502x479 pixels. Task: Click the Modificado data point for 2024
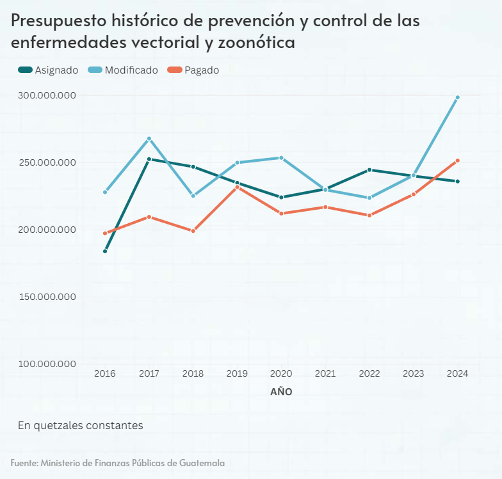click(x=457, y=98)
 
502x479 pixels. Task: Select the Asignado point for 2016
click(x=105, y=251)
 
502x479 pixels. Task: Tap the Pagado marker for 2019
click(x=237, y=187)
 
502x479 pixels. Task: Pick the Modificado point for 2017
click(x=149, y=139)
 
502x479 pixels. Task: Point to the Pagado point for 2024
click(x=457, y=161)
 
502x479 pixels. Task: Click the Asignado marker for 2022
click(x=369, y=170)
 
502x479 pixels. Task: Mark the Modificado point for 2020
click(x=281, y=158)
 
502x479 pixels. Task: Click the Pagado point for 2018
click(x=193, y=231)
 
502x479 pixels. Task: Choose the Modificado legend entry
click(x=123, y=70)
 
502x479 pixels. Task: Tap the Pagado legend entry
click(x=193, y=70)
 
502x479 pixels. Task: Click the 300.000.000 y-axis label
click(x=47, y=95)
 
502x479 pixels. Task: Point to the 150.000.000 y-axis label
click(x=47, y=297)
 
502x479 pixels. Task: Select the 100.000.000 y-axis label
click(x=47, y=364)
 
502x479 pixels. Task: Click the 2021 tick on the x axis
click(x=325, y=373)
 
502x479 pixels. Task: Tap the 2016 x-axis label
click(x=105, y=373)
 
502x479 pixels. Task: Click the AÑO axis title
click(x=281, y=392)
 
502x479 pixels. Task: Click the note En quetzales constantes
click(x=80, y=425)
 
